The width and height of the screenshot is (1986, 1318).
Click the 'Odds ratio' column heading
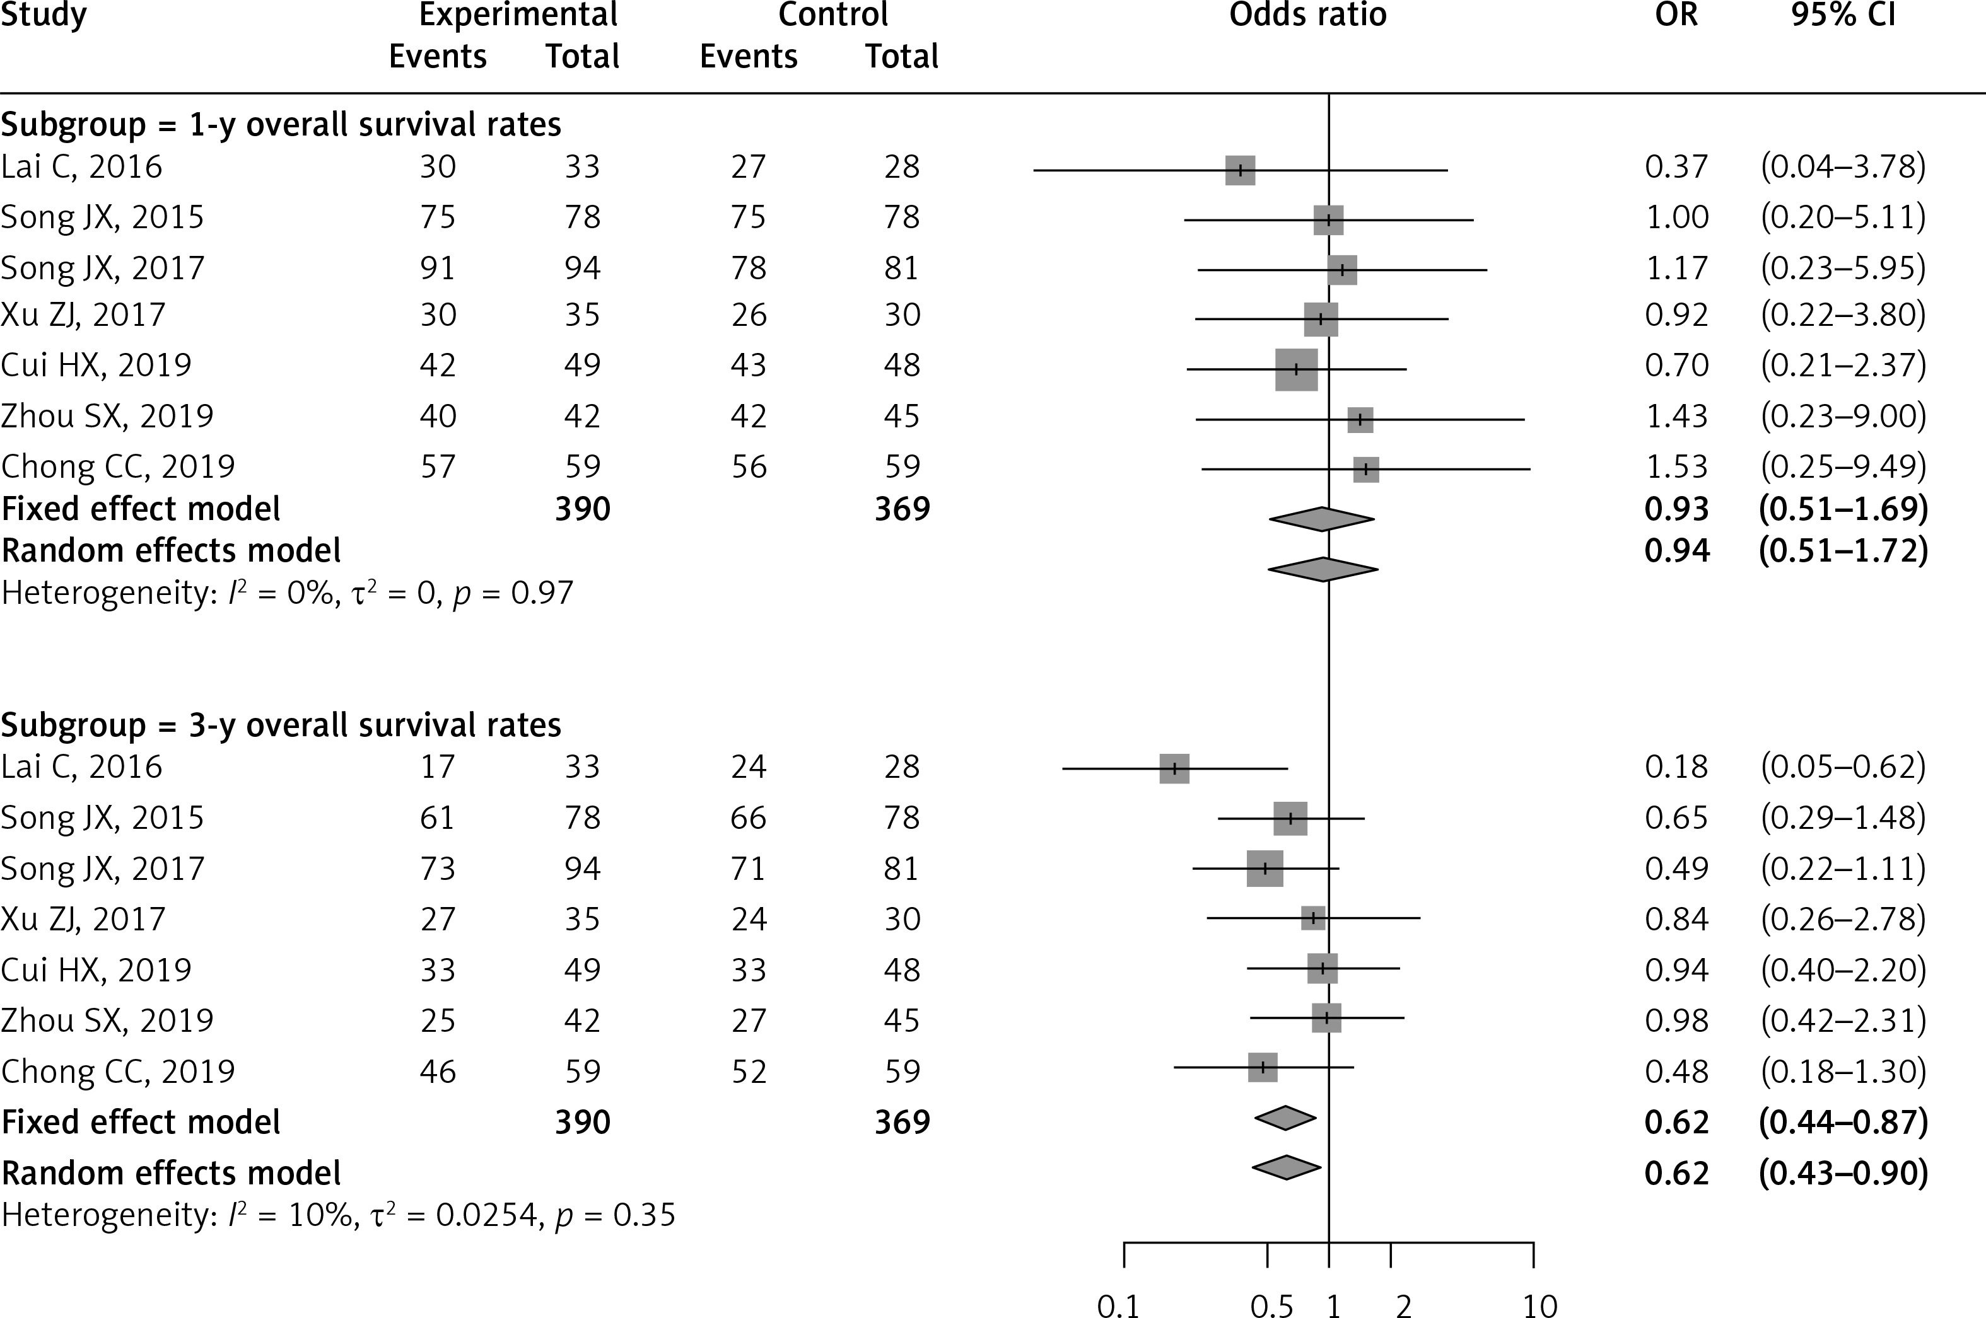click(1307, 15)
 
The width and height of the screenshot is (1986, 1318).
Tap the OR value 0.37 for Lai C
click(1676, 166)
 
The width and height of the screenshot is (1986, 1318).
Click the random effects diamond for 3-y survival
click(1285, 1167)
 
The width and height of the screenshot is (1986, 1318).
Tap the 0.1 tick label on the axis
click(1118, 1305)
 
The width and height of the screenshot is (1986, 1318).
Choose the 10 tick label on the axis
click(1539, 1305)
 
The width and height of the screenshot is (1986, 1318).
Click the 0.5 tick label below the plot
click(1271, 1305)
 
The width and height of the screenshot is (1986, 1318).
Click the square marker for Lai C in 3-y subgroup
click(1174, 768)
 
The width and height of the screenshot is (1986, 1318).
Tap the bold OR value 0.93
click(1676, 509)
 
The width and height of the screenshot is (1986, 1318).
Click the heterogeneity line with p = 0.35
click(338, 1215)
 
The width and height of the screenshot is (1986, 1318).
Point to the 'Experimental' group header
click(519, 15)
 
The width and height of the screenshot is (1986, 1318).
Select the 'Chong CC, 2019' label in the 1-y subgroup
click(118, 466)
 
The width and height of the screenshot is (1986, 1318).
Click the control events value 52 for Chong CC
click(749, 1071)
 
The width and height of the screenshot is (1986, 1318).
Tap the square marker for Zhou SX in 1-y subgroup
click(1360, 419)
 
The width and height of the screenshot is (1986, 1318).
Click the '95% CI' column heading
click(1843, 15)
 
